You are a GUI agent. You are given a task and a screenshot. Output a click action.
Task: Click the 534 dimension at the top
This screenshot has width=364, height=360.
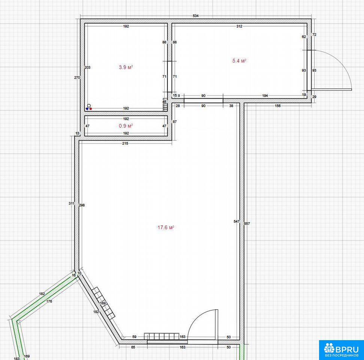click(x=196, y=16)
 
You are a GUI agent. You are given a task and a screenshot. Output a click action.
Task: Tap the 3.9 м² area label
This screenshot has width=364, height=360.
click(x=126, y=67)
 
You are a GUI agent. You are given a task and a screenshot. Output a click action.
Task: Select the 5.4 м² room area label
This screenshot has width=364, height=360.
click(x=239, y=61)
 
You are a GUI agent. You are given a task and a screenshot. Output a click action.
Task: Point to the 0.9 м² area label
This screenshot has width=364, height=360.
click(x=126, y=126)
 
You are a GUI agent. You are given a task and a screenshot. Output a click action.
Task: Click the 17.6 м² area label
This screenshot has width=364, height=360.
click(x=166, y=227)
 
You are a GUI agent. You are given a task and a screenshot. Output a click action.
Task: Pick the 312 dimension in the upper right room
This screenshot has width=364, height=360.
click(x=239, y=26)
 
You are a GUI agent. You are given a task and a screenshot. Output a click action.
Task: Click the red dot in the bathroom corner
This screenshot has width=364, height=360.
click(x=91, y=108)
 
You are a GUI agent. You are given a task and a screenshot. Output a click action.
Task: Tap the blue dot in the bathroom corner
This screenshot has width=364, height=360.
click(x=87, y=108)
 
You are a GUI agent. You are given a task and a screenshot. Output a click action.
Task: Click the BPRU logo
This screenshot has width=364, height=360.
click(x=342, y=350)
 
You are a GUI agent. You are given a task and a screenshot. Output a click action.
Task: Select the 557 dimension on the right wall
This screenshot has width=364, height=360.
click(x=247, y=223)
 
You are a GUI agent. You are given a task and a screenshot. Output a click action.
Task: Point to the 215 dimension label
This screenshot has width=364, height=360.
click(x=125, y=143)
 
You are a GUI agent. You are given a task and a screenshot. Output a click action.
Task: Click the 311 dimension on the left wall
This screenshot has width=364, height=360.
click(x=72, y=203)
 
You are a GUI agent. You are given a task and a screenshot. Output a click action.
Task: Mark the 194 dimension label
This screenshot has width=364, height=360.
click(x=265, y=96)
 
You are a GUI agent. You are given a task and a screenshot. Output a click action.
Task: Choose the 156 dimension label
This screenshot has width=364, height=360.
click(x=277, y=106)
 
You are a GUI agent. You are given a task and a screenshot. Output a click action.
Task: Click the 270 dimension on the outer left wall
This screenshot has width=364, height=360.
click(x=77, y=78)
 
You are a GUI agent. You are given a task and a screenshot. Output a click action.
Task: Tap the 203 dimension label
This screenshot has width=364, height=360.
click(x=88, y=67)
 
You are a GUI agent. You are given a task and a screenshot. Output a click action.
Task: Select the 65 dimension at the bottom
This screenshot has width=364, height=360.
click(x=133, y=347)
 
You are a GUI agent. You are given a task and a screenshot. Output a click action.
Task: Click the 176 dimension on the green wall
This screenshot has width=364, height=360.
click(x=49, y=301)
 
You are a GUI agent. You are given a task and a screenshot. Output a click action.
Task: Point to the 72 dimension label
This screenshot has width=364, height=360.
click(x=314, y=34)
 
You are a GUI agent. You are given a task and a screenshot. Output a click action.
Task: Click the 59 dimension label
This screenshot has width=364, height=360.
click(x=134, y=336)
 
